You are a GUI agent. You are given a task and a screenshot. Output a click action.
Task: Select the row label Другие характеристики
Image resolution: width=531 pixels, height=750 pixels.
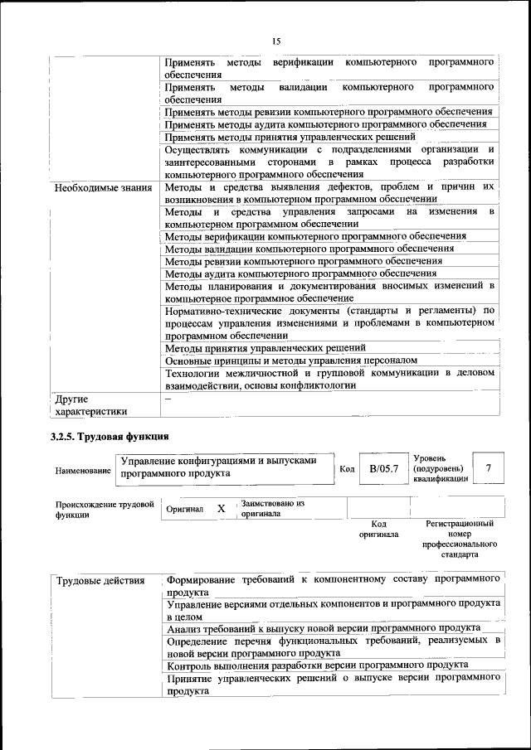pyautogui.click(x=90, y=404)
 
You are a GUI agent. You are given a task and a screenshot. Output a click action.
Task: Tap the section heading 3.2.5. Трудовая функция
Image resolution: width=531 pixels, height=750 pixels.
pyautogui.click(x=109, y=436)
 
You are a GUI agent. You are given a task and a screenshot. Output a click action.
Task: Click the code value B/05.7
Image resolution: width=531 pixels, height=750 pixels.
pyautogui.click(x=384, y=469)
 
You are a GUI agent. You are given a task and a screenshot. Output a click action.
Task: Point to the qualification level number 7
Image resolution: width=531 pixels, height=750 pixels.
pyautogui.click(x=490, y=469)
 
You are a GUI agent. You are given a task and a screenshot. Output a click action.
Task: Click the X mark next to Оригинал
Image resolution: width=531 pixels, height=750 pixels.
pyautogui.click(x=222, y=509)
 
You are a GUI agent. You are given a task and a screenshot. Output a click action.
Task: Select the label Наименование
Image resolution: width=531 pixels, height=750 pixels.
pyautogui.click(x=83, y=471)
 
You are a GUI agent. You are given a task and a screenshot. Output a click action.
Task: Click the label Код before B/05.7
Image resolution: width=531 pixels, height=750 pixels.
pyautogui.click(x=348, y=470)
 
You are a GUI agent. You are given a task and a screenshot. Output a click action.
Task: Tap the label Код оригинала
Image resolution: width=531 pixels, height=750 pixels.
pyautogui.click(x=378, y=529)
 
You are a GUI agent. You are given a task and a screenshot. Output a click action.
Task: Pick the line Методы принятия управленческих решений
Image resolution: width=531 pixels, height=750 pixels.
pyautogui.click(x=265, y=348)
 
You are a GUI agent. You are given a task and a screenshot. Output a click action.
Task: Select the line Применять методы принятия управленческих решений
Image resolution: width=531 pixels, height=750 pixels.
pyautogui.click(x=290, y=137)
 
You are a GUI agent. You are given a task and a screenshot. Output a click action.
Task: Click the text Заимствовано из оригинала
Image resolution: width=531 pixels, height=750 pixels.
pyautogui.click(x=272, y=508)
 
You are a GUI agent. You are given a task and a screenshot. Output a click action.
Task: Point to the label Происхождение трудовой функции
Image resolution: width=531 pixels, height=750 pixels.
pyautogui.click(x=104, y=509)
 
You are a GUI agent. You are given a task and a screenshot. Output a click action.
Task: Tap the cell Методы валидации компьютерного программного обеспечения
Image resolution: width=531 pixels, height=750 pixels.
pyautogui.click(x=309, y=249)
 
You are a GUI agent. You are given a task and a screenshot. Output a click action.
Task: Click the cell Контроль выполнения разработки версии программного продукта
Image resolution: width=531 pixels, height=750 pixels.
pyautogui.click(x=317, y=665)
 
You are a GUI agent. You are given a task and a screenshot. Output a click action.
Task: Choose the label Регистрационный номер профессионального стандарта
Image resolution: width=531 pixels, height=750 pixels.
pyautogui.click(x=460, y=540)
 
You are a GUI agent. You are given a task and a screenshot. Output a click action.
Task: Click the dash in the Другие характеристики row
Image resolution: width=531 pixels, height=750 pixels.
pyautogui.click(x=168, y=399)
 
